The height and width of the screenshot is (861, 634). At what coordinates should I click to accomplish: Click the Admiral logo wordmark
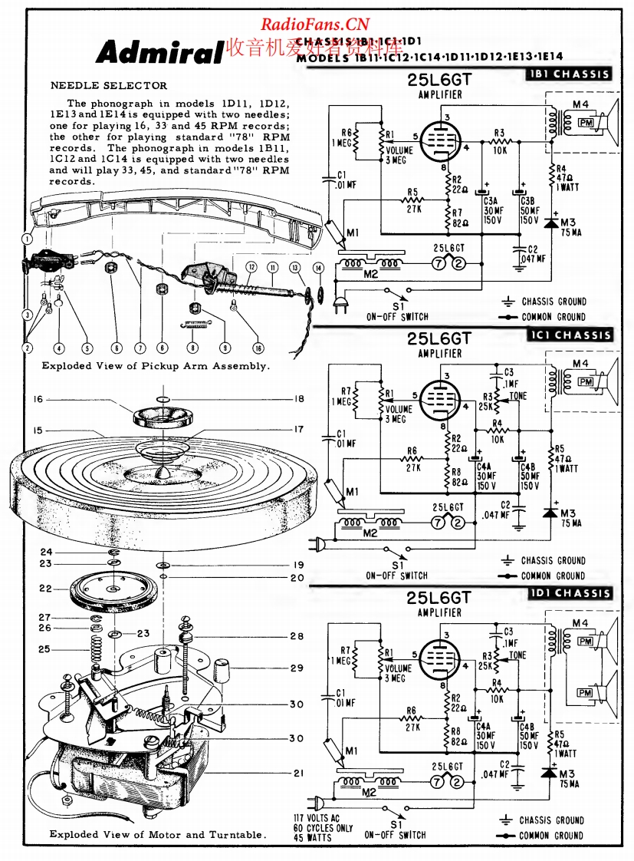tap(159, 53)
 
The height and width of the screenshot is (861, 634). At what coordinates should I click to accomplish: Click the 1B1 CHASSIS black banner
tap(569, 74)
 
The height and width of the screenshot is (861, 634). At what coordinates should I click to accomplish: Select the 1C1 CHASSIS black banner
tap(569, 335)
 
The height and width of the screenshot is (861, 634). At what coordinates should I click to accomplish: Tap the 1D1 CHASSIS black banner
tap(569, 593)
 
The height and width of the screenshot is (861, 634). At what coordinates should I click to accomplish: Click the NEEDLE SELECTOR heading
tap(108, 86)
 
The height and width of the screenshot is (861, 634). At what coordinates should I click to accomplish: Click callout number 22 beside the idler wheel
tap(45, 589)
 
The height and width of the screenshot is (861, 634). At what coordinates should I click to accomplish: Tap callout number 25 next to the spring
tap(45, 649)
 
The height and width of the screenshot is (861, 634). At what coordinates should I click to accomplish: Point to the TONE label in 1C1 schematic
tap(517, 397)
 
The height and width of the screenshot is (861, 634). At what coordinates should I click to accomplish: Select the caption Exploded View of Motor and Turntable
tap(156, 834)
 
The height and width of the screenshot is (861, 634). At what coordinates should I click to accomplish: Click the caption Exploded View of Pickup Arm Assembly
tap(155, 366)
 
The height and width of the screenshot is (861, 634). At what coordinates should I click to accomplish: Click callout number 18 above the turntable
tap(298, 400)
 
